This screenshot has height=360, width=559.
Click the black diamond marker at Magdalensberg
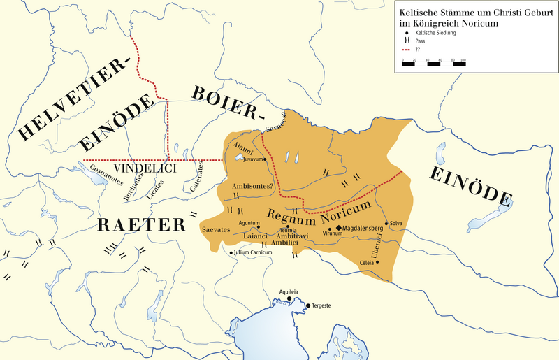pos(339,228)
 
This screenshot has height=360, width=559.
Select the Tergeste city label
pos(321,306)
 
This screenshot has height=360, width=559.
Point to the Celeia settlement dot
pos(377,263)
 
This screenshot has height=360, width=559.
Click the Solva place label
pos(396,222)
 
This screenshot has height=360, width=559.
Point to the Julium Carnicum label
pos(252,252)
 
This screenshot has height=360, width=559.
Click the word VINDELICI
pos(145,169)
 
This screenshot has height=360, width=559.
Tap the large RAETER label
pos(141,224)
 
